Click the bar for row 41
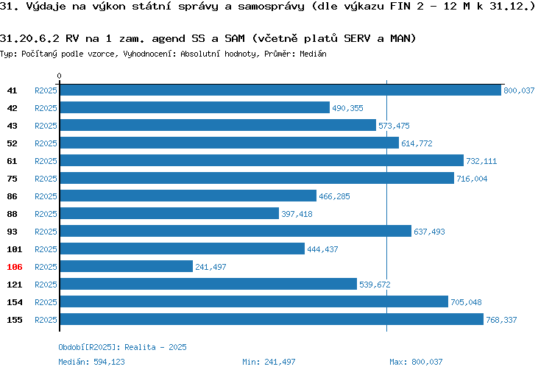(x=280, y=90)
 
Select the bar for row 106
(x=126, y=266)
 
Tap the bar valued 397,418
(x=169, y=213)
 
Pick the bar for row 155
(x=271, y=319)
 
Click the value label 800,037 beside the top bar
(x=519, y=90)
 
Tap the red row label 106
(x=15, y=267)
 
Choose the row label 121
(x=15, y=285)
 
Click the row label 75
(x=13, y=179)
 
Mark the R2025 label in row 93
(x=46, y=232)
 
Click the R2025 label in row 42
(x=46, y=108)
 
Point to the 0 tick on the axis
(x=60, y=76)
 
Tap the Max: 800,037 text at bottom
(x=417, y=362)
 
